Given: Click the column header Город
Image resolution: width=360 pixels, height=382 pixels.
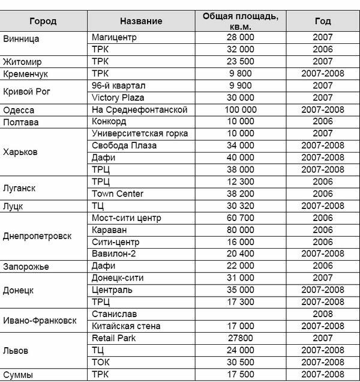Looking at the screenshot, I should (x=43, y=21).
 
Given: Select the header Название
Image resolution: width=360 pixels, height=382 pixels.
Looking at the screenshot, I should (x=141, y=21).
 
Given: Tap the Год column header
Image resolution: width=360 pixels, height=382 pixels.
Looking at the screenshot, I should (x=322, y=21).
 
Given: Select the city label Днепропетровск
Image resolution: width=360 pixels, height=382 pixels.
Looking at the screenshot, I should (x=37, y=236).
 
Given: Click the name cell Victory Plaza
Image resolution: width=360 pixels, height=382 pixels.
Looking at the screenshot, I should (x=118, y=97).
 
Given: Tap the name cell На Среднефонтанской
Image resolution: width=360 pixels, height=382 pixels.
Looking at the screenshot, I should (x=139, y=110).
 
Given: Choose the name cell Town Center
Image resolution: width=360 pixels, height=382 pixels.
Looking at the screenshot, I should (x=118, y=193).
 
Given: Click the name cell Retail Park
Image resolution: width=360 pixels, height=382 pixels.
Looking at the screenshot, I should (x=114, y=338).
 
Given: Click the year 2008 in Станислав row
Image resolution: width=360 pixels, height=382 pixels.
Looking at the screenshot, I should (x=322, y=314).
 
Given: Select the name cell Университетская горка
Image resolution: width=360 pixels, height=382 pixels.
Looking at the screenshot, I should (x=140, y=133).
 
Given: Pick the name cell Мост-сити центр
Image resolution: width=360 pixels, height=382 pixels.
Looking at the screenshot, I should (x=127, y=218).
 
